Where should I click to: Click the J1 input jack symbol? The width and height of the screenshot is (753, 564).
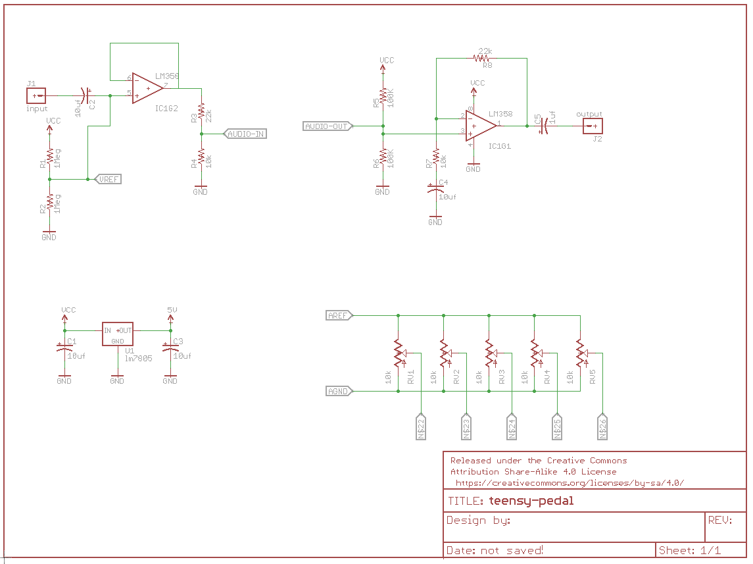click(36, 96)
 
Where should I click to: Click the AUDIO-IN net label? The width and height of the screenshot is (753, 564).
click(245, 134)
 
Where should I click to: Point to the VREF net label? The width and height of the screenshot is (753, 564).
click(109, 178)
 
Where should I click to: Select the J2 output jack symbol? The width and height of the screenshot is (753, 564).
click(593, 126)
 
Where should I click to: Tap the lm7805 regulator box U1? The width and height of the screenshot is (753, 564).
click(117, 334)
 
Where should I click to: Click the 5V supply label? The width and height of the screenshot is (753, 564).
click(171, 309)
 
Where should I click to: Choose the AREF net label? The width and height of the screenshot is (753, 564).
click(339, 315)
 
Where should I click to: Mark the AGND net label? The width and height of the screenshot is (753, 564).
click(339, 391)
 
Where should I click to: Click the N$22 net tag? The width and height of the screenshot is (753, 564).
click(421, 427)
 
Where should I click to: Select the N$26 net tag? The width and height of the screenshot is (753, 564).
click(602, 427)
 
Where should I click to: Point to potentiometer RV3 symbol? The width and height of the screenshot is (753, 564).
click(489, 353)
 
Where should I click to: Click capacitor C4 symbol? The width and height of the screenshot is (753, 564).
click(435, 190)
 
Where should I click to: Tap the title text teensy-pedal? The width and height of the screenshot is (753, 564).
click(531, 501)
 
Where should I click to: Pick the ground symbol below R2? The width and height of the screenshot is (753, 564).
click(49, 234)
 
